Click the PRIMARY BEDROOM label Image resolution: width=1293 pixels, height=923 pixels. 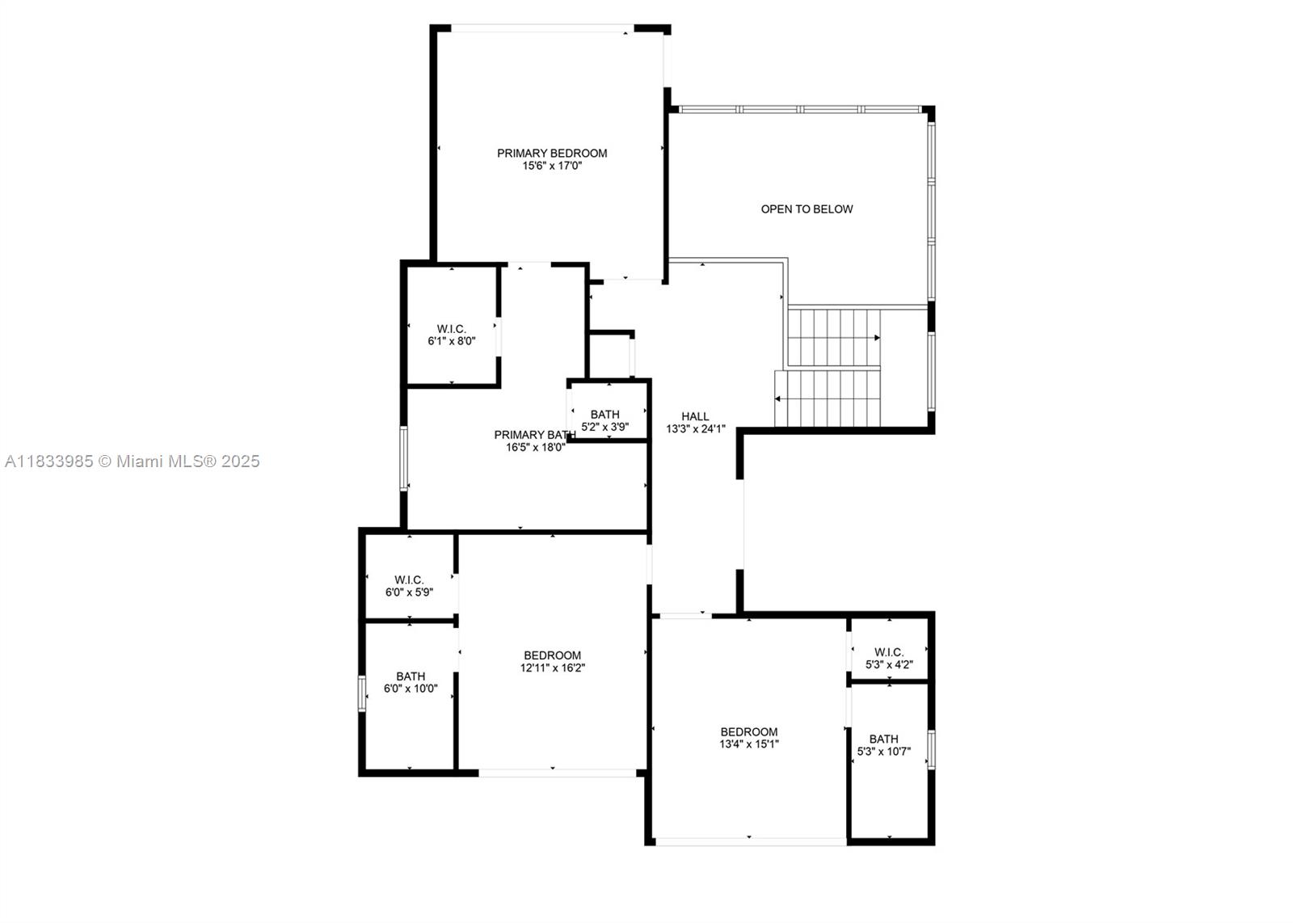[x=552, y=153]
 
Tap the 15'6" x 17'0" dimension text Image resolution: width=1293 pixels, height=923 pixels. [x=552, y=166]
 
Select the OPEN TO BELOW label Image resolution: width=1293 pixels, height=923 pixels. [x=807, y=209]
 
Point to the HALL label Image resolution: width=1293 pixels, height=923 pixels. [x=695, y=417]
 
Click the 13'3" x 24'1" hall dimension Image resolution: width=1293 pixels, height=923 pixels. [x=695, y=429]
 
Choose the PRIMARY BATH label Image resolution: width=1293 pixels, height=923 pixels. [x=534, y=435]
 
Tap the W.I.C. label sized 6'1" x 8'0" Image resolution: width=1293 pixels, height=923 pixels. [x=451, y=329]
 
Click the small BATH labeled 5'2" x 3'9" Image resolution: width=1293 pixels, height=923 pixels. [x=604, y=415]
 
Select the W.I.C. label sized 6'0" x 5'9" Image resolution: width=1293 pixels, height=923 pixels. [x=409, y=580]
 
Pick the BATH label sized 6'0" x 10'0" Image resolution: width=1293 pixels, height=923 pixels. [x=411, y=676]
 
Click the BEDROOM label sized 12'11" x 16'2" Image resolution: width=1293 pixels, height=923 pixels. [x=552, y=655]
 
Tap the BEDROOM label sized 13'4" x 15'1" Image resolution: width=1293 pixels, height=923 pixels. [x=749, y=732]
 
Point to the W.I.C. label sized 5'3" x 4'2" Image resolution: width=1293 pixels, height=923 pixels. [x=889, y=652]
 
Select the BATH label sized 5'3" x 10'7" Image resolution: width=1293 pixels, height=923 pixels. [x=883, y=739]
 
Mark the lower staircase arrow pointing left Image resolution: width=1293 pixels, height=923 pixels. [x=778, y=398]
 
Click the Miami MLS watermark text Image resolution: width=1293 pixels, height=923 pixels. [x=133, y=461]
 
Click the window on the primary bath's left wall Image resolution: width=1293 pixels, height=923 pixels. [x=404, y=458]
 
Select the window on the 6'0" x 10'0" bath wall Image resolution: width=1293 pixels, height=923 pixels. [x=362, y=693]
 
